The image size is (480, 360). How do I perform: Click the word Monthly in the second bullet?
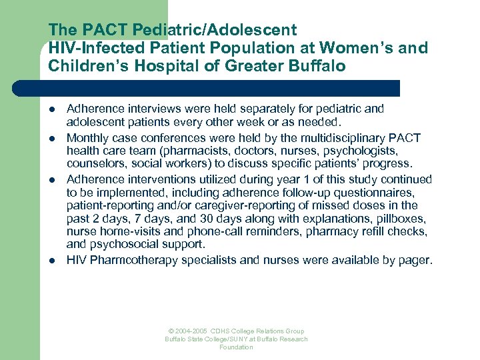pos(87,138)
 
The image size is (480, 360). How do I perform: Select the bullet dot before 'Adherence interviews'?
pos(52,109)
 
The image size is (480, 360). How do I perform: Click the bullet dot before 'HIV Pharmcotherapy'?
pos(52,260)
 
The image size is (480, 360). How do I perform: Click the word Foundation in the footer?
pos(237,347)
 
